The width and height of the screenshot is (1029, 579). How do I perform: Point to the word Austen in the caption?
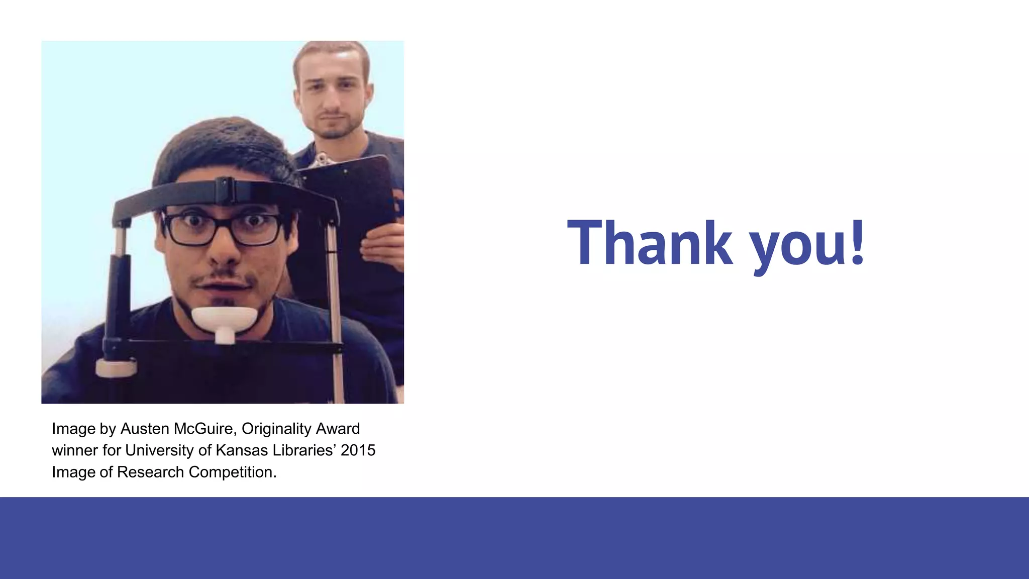(x=145, y=429)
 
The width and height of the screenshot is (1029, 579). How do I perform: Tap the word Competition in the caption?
(x=232, y=472)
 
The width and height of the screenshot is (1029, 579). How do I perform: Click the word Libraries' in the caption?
(x=303, y=450)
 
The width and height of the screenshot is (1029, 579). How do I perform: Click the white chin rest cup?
(x=225, y=320)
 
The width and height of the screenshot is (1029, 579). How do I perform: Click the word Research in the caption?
(x=151, y=472)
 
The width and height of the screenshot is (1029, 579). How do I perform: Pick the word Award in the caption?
(x=342, y=429)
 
